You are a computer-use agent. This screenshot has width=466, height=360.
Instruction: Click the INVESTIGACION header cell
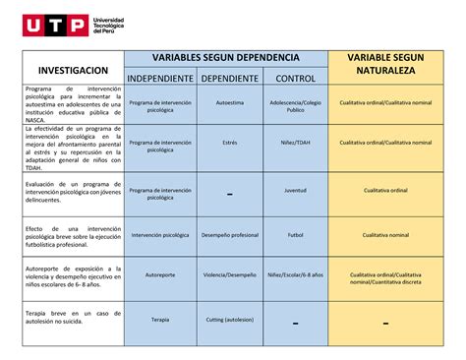(x=73, y=71)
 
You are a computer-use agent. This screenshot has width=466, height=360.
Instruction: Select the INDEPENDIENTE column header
(x=159, y=78)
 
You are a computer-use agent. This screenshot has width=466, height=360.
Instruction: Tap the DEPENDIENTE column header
(x=229, y=78)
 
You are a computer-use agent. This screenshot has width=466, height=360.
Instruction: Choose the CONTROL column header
(x=295, y=78)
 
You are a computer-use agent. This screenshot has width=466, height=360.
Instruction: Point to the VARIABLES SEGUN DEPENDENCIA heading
(x=227, y=58)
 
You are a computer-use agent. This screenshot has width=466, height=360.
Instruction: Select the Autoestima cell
(x=229, y=102)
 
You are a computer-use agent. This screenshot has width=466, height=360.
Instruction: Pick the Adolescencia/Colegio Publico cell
(x=295, y=106)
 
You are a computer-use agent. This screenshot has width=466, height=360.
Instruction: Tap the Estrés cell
(x=229, y=143)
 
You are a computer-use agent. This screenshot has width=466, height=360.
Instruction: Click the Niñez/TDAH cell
(x=295, y=143)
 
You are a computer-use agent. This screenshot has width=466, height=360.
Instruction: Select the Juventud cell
(x=295, y=191)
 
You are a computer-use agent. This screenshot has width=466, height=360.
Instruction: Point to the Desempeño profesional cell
(x=229, y=235)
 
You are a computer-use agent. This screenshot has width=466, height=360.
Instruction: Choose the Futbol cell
(x=295, y=235)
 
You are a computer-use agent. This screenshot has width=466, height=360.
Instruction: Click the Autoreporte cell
(x=159, y=275)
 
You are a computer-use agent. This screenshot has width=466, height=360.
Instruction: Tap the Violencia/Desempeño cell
(x=229, y=275)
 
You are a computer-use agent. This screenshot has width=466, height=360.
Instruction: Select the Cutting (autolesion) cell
(x=229, y=320)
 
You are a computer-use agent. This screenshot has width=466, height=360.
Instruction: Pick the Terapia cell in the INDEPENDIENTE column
(x=159, y=320)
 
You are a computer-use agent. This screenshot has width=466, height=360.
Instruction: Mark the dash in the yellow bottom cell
(x=385, y=323)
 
